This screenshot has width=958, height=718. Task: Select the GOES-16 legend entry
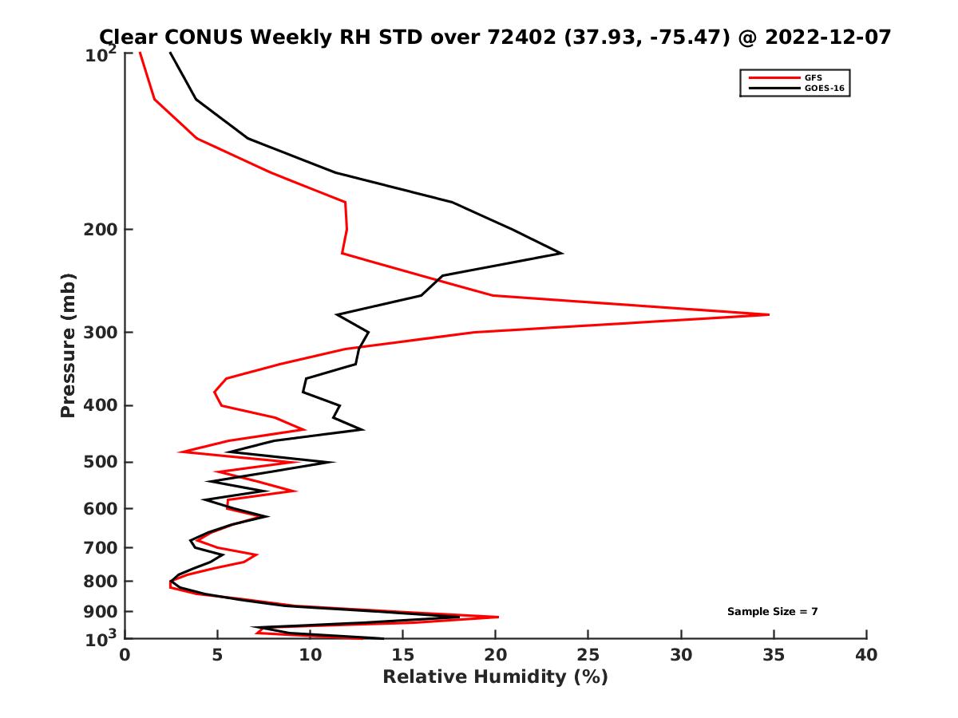point(824,88)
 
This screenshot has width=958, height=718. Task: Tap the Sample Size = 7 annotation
point(772,612)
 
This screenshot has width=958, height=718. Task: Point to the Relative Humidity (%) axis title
point(495,677)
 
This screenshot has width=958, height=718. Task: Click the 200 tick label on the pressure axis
point(100,230)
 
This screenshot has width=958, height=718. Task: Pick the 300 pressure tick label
point(100,333)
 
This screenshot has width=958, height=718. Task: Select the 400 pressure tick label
point(100,405)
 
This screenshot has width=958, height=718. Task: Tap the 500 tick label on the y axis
point(100,462)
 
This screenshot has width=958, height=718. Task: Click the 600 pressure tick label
point(100,508)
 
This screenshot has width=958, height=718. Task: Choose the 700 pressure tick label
point(100,547)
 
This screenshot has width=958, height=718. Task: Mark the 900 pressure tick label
point(100,612)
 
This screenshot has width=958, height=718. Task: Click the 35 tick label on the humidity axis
point(774,655)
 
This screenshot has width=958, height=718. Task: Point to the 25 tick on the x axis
point(588,655)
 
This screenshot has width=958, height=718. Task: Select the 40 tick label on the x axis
point(866,655)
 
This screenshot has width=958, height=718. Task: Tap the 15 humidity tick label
point(402,655)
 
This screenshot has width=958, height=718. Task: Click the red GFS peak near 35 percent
point(769,314)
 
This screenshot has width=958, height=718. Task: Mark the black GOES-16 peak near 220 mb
point(563,253)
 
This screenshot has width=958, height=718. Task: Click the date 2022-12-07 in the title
point(826,37)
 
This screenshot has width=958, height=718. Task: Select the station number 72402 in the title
point(523,37)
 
